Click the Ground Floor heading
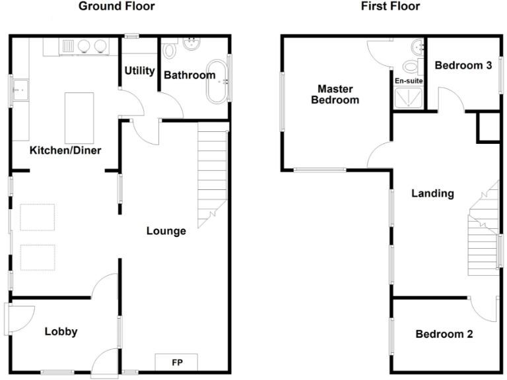(117, 7)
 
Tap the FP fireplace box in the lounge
(176, 362)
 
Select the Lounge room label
(166, 231)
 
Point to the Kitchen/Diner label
(65, 150)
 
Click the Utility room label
(139, 71)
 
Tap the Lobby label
(61, 331)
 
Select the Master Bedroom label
(335, 94)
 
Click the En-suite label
(409, 80)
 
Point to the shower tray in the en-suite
(409, 98)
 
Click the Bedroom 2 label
(444, 334)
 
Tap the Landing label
(432, 193)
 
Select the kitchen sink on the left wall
(20, 87)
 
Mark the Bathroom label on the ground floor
(189, 75)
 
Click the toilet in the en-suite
(412, 66)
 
